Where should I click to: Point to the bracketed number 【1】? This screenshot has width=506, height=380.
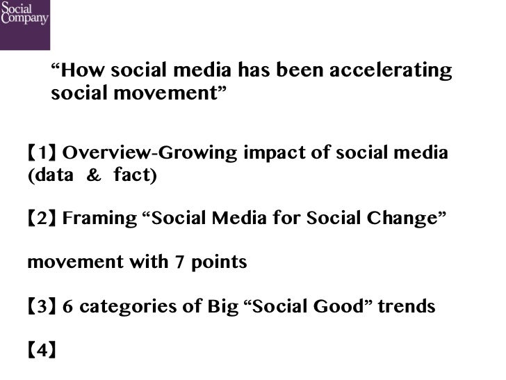click(42, 153)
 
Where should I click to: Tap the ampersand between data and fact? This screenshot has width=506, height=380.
click(93, 175)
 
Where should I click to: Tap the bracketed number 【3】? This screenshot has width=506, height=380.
click(42, 307)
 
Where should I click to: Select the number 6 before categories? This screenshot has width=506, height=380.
click(68, 307)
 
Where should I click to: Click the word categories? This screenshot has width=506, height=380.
click(127, 307)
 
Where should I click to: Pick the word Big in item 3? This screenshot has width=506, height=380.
click(222, 307)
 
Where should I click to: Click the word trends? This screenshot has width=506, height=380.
click(407, 307)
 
